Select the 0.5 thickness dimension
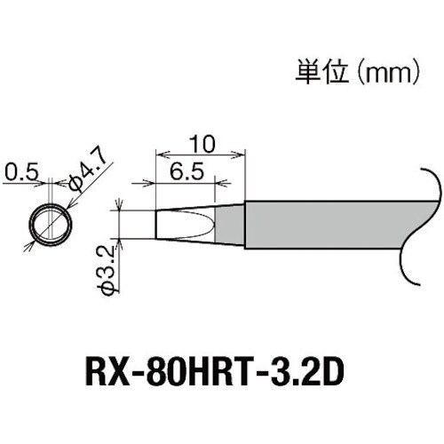[x=20, y=170]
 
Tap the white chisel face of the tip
[x=184, y=224]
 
